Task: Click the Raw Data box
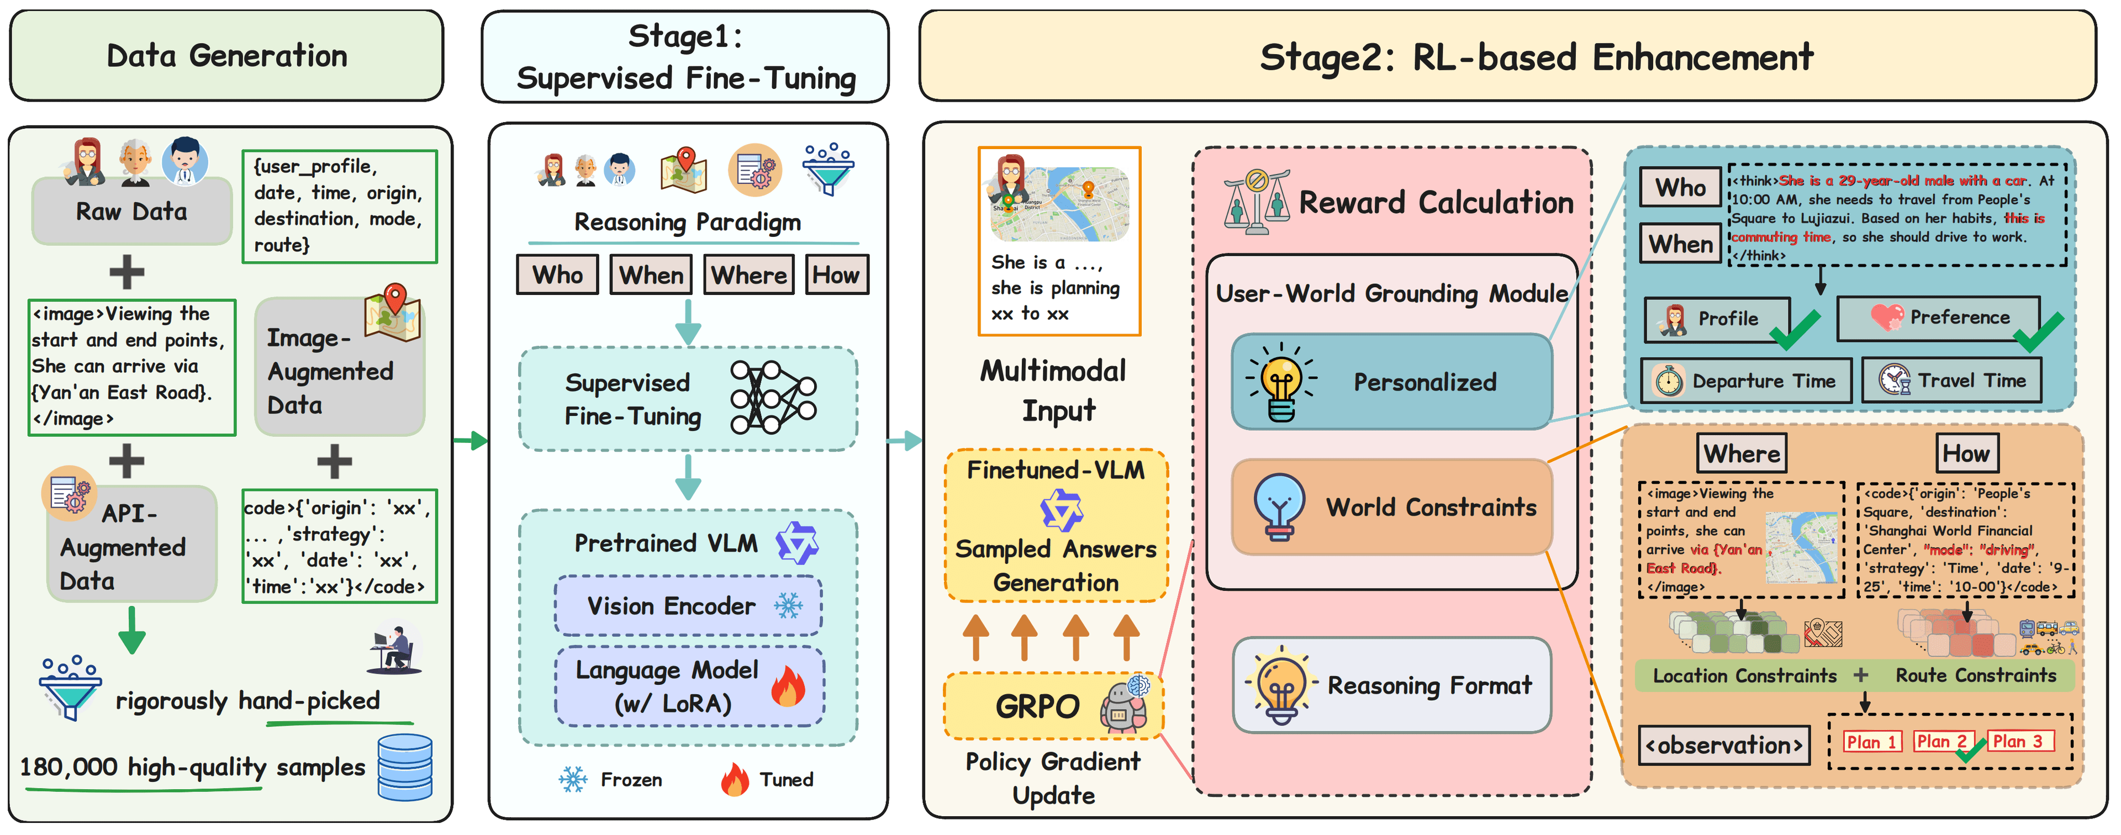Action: (132, 212)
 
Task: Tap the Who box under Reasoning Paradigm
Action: (557, 275)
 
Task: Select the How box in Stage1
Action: (836, 275)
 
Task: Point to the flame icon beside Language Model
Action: (788, 686)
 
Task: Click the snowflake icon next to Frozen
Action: (573, 779)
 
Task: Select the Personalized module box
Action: (1391, 381)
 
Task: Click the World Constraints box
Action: (1391, 506)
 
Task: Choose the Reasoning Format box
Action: (1391, 685)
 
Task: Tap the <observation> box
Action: (1723, 745)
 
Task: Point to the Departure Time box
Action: (1745, 380)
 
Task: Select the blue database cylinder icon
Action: (405, 767)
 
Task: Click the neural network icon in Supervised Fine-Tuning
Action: (772, 398)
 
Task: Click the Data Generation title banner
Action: (226, 56)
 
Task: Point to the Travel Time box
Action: (1951, 380)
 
